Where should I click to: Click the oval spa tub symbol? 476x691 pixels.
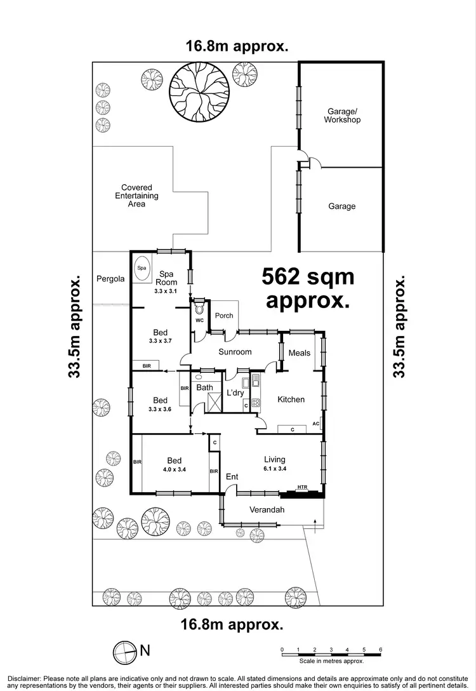(x=140, y=269)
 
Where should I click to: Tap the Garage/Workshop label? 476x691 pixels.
(x=343, y=115)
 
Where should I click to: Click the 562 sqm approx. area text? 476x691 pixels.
(x=308, y=288)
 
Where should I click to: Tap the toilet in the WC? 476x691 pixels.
(x=200, y=309)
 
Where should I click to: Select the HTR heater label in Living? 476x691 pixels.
(x=303, y=488)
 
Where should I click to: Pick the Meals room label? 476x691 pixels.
(x=299, y=353)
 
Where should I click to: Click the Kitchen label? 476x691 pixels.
(x=291, y=399)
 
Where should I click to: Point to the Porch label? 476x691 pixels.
(x=224, y=315)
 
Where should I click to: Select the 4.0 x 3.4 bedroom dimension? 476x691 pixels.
(x=175, y=470)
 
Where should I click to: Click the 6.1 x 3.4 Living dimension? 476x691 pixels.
(x=274, y=469)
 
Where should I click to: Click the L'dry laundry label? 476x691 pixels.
(x=235, y=393)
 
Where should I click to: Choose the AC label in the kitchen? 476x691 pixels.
(x=315, y=424)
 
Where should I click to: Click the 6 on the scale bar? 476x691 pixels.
(x=380, y=650)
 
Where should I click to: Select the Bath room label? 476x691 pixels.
(x=204, y=387)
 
